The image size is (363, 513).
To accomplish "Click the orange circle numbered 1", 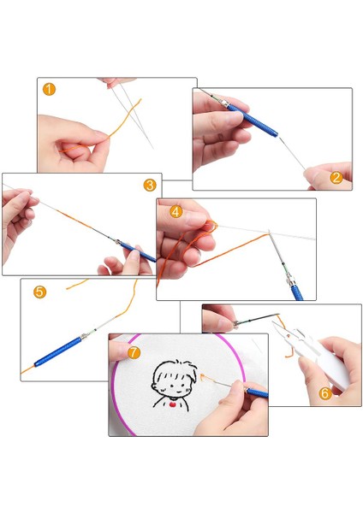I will pyautogui.click(x=50, y=89).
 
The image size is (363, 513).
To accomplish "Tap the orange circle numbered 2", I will pyautogui.click(x=336, y=178).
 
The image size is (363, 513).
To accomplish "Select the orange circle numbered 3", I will pyautogui.click(x=150, y=185).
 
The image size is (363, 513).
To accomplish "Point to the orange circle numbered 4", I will pyautogui.click(x=176, y=210).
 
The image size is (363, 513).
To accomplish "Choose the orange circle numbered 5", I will pyautogui.click(x=39, y=292).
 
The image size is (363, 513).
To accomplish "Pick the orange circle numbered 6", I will pyautogui.click(x=325, y=393).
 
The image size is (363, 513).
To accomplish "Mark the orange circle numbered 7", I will pyautogui.click(x=133, y=352).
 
